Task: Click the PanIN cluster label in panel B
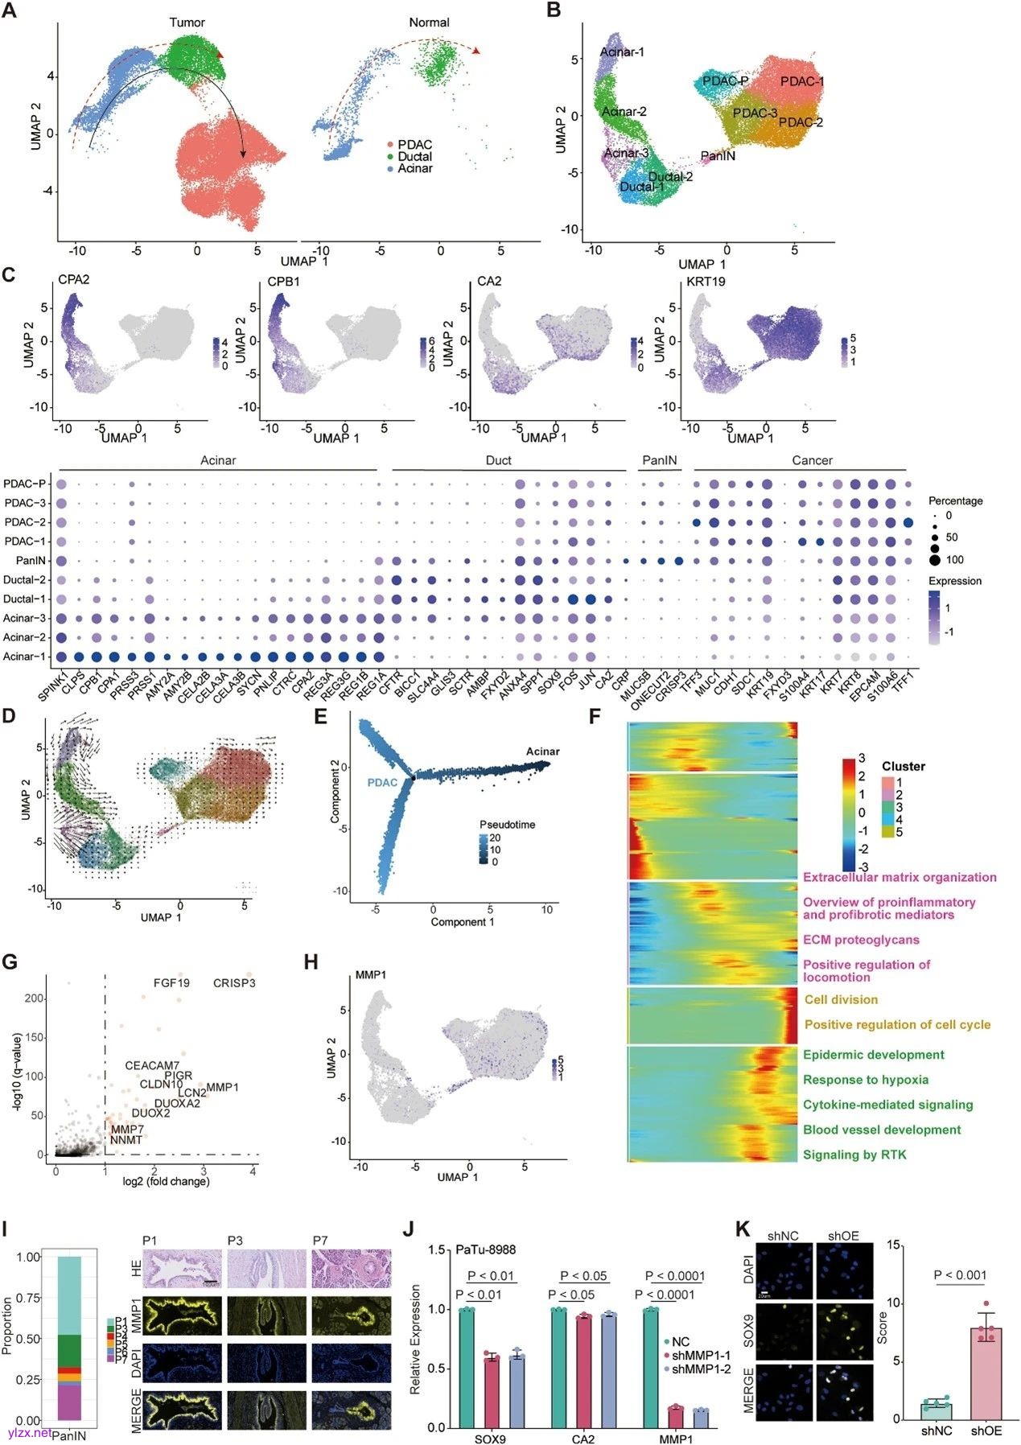pyautogui.click(x=718, y=155)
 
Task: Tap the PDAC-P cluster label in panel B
pyautogui.click(x=725, y=81)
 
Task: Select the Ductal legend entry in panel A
pyautogui.click(x=414, y=156)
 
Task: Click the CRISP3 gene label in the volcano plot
pyautogui.click(x=234, y=982)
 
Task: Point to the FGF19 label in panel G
pyautogui.click(x=171, y=982)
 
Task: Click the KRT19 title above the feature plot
pyautogui.click(x=706, y=281)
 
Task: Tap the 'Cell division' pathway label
pyautogui.click(x=841, y=999)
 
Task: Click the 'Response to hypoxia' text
pyautogui.click(x=866, y=1080)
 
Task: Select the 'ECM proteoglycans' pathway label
pyautogui.click(x=861, y=940)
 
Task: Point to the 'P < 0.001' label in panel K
pyautogui.click(x=960, y=1274)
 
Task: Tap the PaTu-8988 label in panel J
pyautogui.click(x=485, y=1249)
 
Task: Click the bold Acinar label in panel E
pyautogui.click(x=543, y=751)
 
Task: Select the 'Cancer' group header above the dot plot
pyautogui.click(x=812, y=460)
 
